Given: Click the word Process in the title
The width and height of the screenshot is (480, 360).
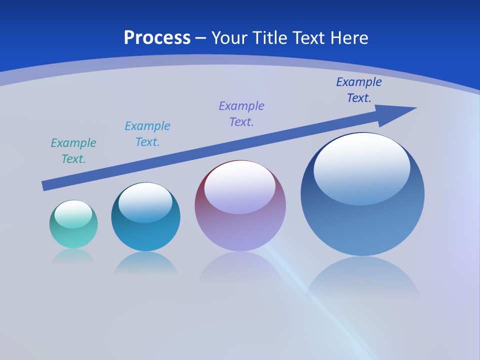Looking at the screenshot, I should point(157,38).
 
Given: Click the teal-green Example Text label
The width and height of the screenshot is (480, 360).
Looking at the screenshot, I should point(73,151).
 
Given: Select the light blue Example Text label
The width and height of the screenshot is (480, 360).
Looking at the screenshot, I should point(147,134).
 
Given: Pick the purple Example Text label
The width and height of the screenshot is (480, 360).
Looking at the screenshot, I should point(241,114).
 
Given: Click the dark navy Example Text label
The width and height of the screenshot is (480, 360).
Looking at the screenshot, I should point(358,90).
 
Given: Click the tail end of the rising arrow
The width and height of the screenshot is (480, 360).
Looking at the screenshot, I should point(45,185).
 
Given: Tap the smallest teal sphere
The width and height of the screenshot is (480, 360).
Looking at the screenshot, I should point(73,235).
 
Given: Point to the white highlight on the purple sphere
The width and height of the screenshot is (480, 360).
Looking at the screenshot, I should point(239,186).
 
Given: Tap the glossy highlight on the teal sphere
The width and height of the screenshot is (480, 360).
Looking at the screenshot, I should point(73,213).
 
